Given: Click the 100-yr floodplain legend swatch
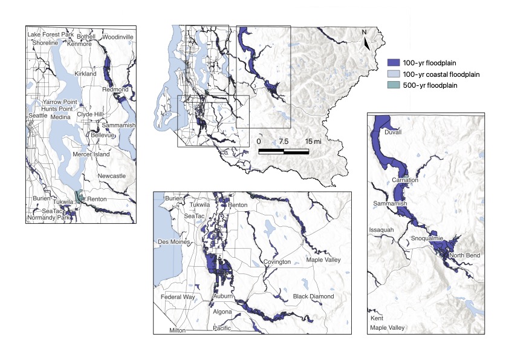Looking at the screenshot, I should [394, 62].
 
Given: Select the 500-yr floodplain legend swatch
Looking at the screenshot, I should [394, 85].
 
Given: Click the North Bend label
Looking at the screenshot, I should [465, 255].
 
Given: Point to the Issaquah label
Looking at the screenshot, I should [381, 230].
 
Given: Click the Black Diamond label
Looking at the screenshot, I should [313, 296].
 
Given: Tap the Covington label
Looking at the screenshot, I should [277, 262].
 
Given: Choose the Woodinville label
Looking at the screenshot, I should [117, 37].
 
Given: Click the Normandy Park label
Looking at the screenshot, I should [44, 217].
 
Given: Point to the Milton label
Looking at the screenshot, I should [178, 331].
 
